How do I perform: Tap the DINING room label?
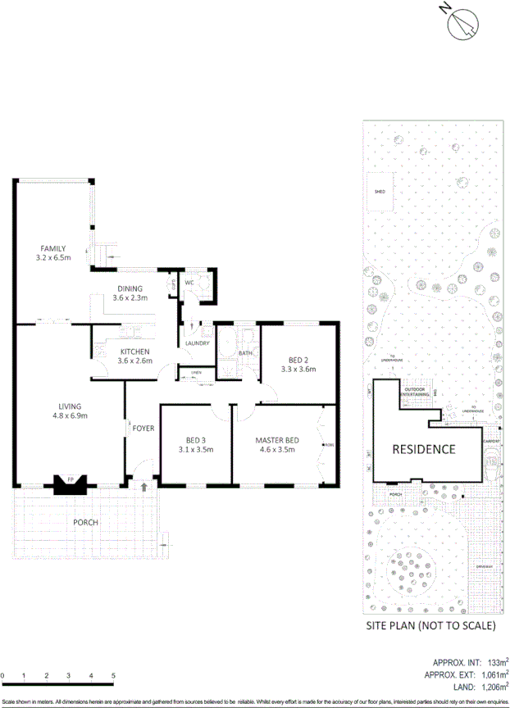click(130, 288)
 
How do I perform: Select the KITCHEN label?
click(134, 352)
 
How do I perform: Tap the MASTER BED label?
click(277, 440)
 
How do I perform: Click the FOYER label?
click(143, 428)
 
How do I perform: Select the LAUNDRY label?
click(198, 343)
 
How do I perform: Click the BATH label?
click(245, 353)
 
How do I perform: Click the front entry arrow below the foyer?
click(144, 487)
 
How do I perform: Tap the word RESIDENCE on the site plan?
click(423, 449)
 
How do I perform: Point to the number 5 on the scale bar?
click(113, 676)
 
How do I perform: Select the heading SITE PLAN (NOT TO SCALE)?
click(431, 626)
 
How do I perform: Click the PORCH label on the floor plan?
click(85, 523)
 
